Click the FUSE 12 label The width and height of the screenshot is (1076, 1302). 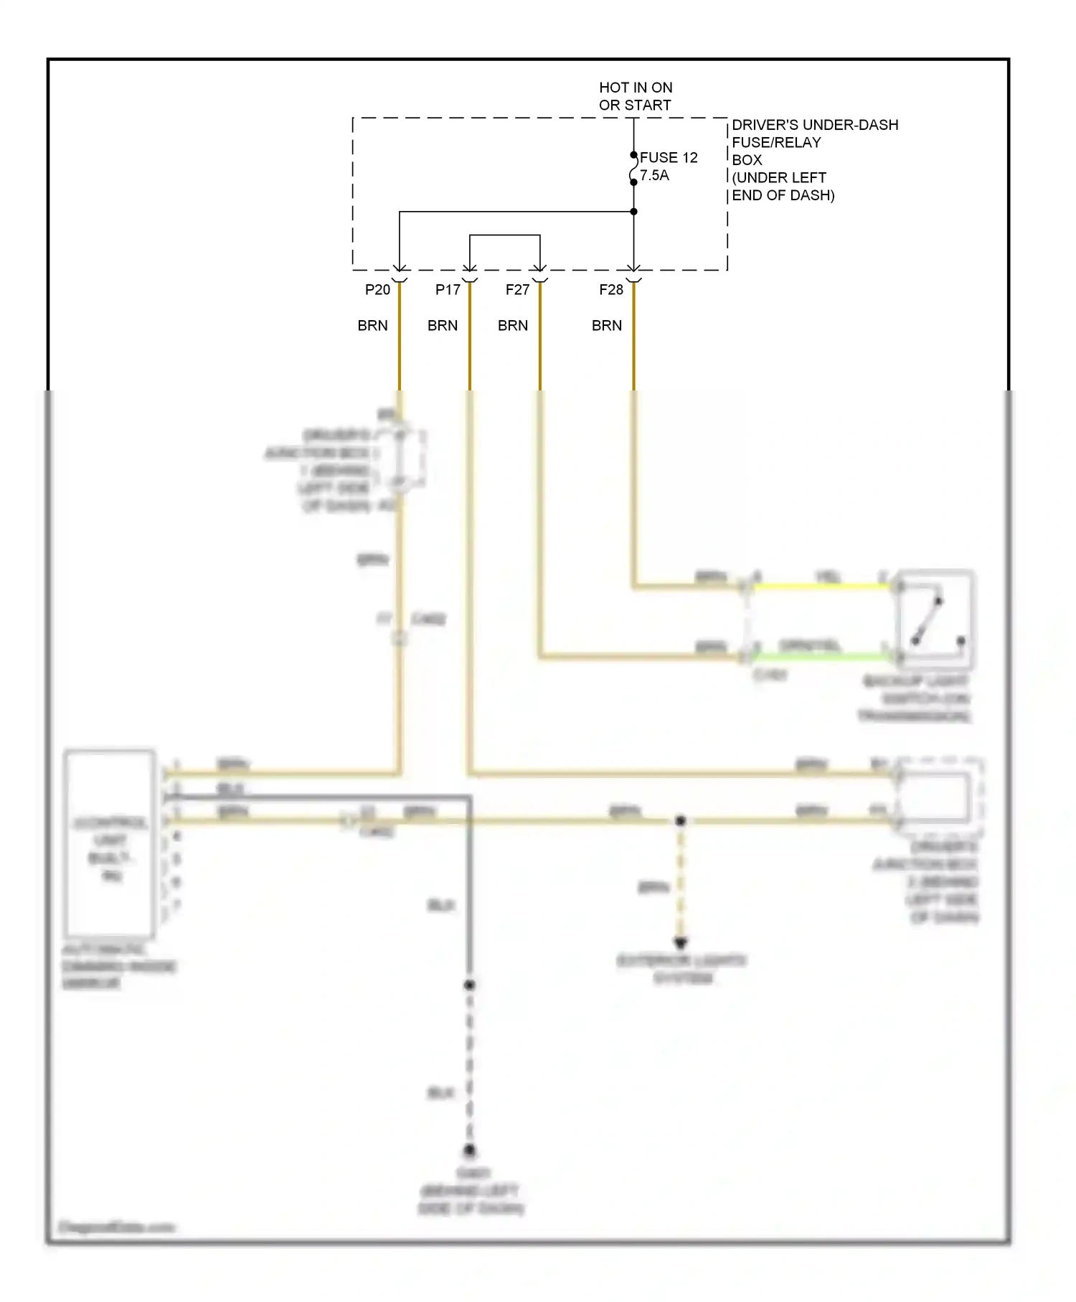point(668,157)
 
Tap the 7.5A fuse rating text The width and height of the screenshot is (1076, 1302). point(654,175)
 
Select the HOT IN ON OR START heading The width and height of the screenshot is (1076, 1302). point(636,96)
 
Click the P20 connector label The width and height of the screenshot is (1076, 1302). point(377,289)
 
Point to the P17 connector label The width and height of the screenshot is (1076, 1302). point(448,289)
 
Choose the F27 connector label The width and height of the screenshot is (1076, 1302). point(517,289)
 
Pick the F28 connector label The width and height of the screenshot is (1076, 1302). point(611,289)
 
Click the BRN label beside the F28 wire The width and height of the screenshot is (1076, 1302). point(607,325)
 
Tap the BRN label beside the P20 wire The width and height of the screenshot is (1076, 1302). point(372,325)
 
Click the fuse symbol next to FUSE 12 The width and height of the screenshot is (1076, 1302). point(633,169)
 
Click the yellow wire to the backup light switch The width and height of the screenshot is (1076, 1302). point(825,586)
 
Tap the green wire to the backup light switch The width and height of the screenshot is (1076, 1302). point(825,655)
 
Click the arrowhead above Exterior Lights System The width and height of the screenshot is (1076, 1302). point(681,942)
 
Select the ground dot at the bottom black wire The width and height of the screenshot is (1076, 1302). point(469,1150)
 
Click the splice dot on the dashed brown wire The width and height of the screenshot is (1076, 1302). point(681,820)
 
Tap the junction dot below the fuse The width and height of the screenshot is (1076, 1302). point(633,212)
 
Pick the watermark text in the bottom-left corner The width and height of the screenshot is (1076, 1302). point(116,1227)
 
